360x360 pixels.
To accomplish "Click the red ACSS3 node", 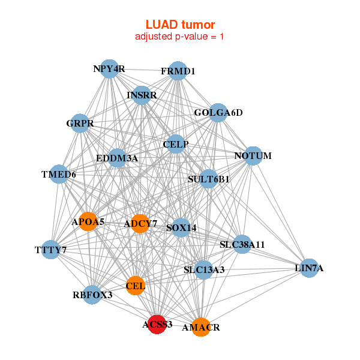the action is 157,324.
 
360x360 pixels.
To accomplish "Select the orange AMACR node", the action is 201,327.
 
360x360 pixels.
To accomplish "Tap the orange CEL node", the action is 136,286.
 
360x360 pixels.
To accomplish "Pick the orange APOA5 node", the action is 88,221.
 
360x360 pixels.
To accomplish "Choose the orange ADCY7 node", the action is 140,224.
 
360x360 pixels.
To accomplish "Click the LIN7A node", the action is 309,268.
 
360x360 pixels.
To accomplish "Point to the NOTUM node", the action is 253,156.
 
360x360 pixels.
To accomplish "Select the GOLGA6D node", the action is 217,113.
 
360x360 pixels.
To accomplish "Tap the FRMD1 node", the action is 178,71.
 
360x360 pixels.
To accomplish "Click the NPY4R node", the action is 109,68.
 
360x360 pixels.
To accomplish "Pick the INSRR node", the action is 141,95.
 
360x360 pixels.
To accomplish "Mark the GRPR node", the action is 80,124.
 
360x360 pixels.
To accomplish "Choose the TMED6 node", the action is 59,174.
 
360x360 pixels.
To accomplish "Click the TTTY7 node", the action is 50,249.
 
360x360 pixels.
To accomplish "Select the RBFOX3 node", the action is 92,295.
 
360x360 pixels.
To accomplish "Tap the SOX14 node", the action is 181,227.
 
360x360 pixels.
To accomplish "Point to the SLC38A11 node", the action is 242,244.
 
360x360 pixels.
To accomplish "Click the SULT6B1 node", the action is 208,178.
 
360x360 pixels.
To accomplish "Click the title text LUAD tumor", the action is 180,25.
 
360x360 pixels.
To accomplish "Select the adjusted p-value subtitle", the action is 180,37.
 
